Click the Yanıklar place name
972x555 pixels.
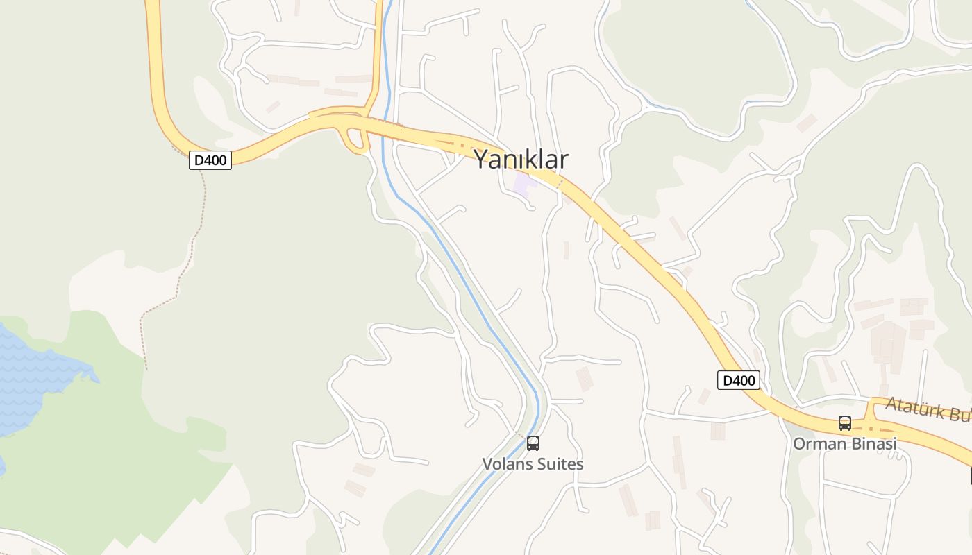521,160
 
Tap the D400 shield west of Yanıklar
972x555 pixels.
210,160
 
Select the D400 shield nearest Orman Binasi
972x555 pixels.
738,380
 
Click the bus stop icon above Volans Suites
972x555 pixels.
533,443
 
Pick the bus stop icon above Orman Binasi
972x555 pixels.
844,422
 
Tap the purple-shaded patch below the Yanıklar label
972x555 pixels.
523,185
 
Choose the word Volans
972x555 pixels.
505,464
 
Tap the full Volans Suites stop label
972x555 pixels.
533,464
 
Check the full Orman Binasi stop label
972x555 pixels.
845,443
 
